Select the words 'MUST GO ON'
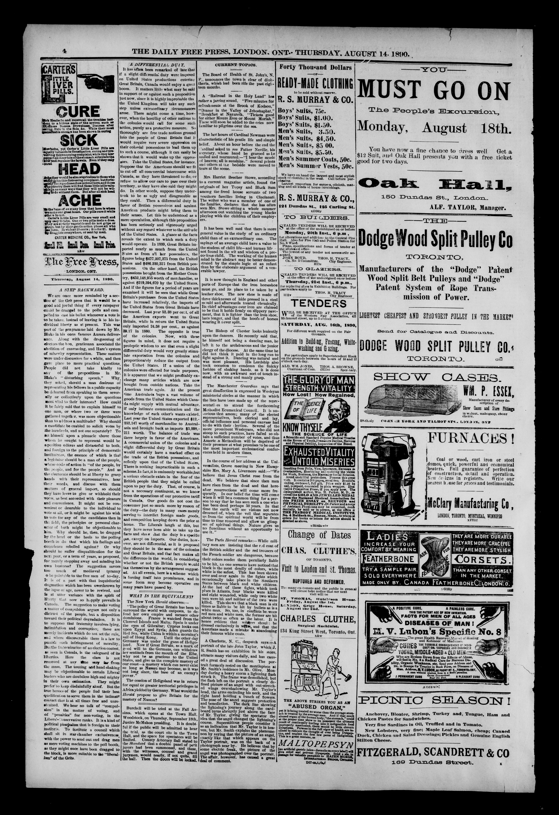tap(434, 90)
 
